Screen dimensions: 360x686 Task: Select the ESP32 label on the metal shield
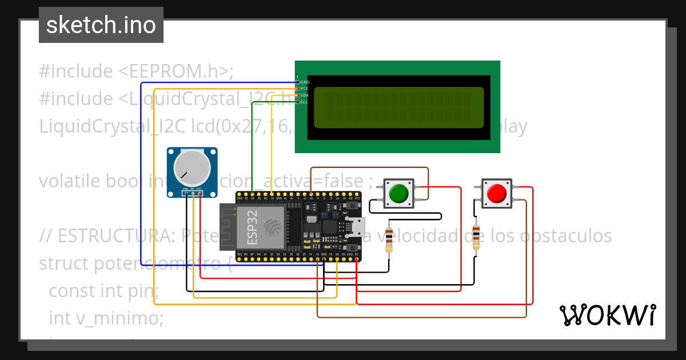pos(253,227)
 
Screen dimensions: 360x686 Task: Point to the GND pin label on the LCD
pos(305,82)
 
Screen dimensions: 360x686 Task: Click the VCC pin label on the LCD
pos(305,89)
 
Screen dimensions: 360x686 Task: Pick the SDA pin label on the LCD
pos(305,95)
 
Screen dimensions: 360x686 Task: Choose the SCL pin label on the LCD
pos(305,102)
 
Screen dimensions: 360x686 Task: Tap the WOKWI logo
pos(607,315)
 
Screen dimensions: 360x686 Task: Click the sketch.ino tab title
pos(101,25)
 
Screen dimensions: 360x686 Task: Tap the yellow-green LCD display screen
pos(398,107)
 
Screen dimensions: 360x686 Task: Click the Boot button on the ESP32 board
pos(353,247)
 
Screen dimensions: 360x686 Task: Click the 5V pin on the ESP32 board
pos(357,259)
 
